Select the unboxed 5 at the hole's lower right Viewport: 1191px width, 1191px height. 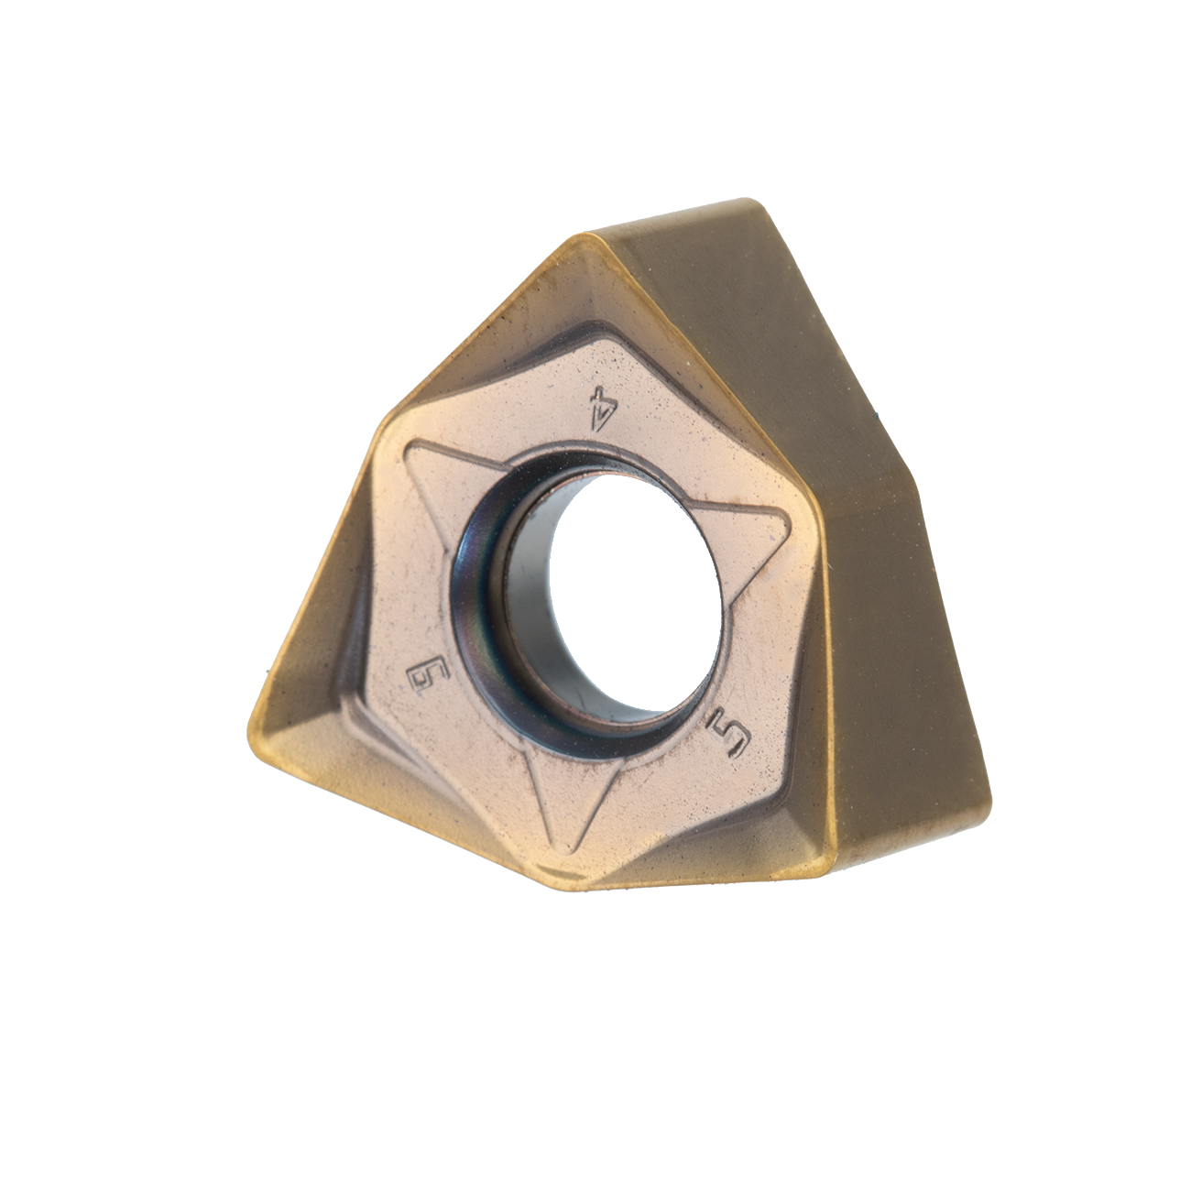coord(731,739)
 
